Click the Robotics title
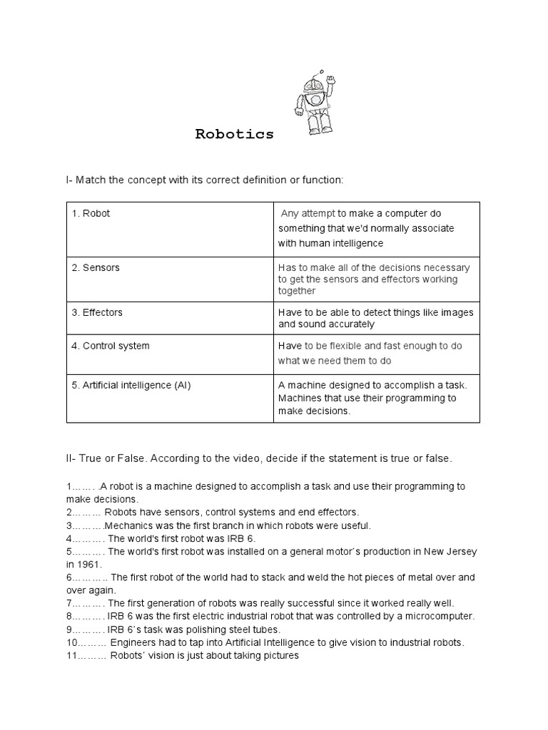(235, 135)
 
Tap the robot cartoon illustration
(314, 103)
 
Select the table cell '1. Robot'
(96, 213)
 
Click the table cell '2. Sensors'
(101, 267)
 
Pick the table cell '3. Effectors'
(103, 312)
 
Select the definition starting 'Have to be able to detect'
(375, 318)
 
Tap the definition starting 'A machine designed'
(371, 398)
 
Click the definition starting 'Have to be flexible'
(370, 353)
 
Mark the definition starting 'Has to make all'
(373, 279)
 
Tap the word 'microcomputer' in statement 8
(440, 616)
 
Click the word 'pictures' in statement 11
(279, 655)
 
